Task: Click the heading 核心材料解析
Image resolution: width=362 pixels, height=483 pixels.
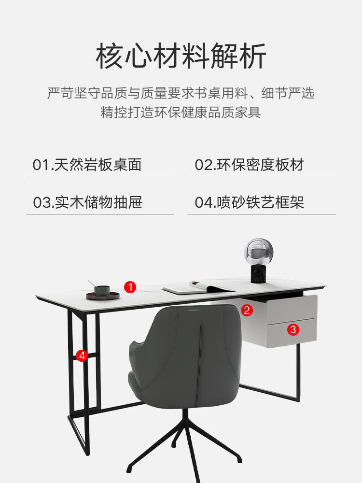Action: click(x=181, y=56)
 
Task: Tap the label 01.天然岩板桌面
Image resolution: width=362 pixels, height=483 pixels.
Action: click(x=87, y=165)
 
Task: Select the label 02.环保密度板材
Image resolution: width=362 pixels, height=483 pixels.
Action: click(x=250, y=165)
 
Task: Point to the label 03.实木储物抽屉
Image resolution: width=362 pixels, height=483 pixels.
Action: click(x=87, y=202)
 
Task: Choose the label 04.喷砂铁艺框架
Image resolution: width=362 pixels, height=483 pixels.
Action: click(x=250, y=202)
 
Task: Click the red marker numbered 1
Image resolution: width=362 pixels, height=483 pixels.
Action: click(x=130, y=287)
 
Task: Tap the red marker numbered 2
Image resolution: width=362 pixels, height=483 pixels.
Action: click(x=247, y=310)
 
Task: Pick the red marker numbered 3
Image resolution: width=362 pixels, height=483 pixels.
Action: click(x=293, y=329)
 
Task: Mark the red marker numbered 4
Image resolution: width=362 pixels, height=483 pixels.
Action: click(x=82, y=356)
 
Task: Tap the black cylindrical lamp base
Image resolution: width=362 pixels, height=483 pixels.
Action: click(x=258, y=274)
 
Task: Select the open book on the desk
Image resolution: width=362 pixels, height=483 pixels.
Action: click(x=198, y=287)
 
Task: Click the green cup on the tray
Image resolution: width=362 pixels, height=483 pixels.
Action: click(x=102, y=290)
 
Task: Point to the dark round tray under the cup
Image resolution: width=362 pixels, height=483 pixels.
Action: click(x=103, y=296)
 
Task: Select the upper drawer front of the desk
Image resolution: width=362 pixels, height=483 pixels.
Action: click(x=292, y=309)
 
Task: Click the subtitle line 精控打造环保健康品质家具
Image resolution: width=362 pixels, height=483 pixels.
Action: click(x=181, y=112)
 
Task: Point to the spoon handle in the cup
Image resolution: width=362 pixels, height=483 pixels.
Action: click(x=91, y=284)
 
